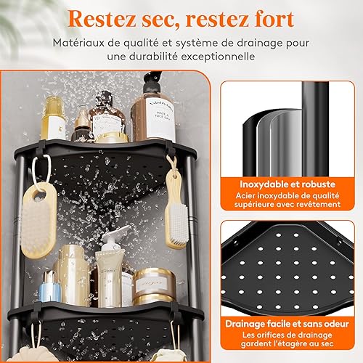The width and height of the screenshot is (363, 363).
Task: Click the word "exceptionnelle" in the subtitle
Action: [218, 57]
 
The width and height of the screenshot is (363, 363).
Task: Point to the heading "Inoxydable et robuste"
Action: [287, 184]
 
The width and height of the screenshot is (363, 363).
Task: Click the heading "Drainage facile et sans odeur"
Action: [287, 324]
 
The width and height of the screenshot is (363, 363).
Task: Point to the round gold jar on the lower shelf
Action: [154, 287]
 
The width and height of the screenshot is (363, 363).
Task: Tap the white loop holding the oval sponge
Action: [41, 171]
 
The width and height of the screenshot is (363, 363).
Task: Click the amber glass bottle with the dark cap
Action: [107, 115]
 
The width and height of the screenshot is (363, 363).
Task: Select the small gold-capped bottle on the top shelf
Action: [82, 127]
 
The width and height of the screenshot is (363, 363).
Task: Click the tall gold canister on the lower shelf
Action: [73, 275]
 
